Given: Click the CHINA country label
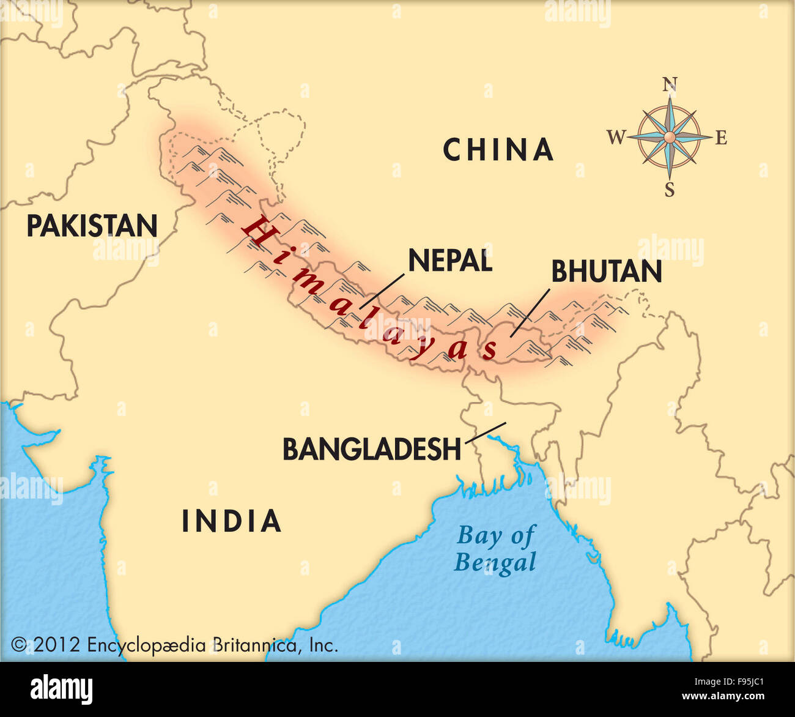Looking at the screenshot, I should point(498,150).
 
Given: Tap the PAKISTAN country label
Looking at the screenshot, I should point(92,226).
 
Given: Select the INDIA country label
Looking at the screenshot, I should point(231,521).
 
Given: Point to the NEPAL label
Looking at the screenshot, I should point(450,261).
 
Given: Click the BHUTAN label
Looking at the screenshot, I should point(606,272).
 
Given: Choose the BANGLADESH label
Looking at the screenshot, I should point(371,450).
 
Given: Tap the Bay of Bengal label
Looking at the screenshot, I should point(495,549).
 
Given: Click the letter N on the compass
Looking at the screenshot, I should point(670,84).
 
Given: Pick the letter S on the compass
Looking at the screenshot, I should point(670,190).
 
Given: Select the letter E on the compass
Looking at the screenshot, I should point(721,138).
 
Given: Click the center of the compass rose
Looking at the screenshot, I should point(670,137).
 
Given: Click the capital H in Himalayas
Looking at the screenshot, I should point(256,229).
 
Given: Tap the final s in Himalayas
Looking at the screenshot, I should point(490,349).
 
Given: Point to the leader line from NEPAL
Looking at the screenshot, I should point(382,291).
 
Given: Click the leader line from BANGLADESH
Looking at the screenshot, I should point(486,432).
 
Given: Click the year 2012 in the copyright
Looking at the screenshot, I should point(57,645).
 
